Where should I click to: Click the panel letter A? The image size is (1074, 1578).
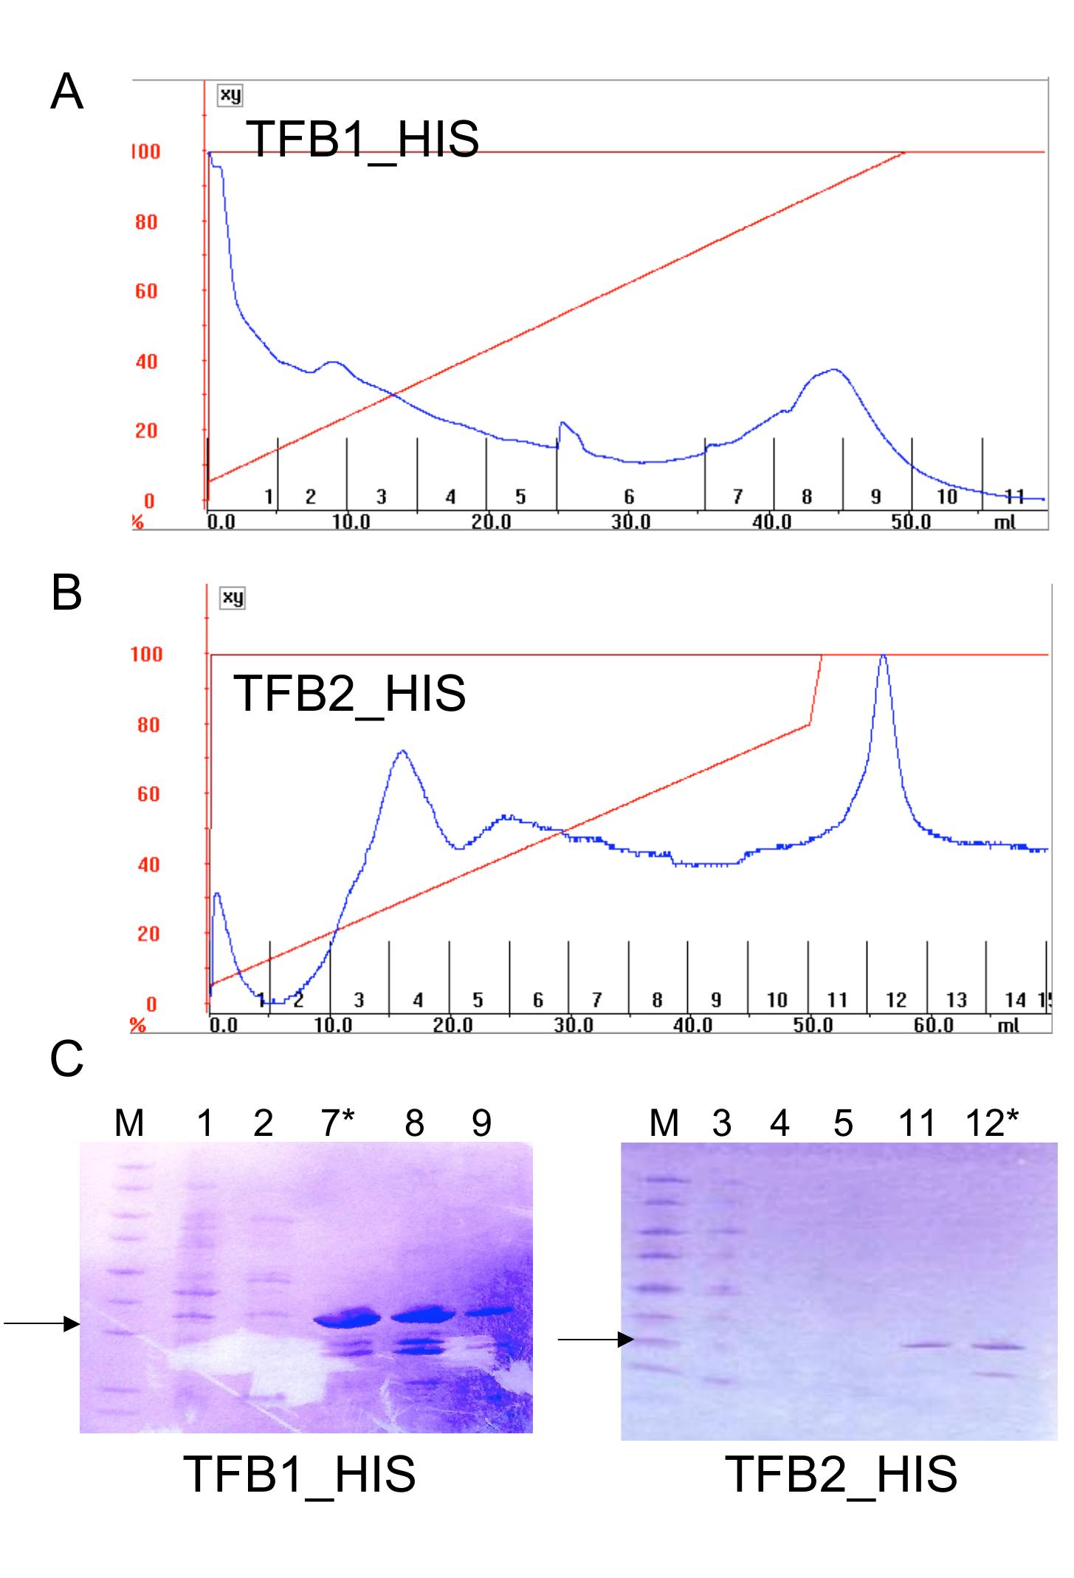click(66, 94)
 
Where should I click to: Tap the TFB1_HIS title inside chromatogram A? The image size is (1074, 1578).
click(362, 139)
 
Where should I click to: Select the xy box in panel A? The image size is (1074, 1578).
click(230, 95)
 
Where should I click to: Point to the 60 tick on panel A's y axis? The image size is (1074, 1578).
click(146, 292)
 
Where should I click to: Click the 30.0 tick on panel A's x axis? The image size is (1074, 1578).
click(630, 522)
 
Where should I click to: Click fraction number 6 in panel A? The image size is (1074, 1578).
click(629, 497)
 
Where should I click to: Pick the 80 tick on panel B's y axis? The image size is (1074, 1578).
click(148, 725)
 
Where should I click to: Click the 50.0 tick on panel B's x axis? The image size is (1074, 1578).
click(812, 1025)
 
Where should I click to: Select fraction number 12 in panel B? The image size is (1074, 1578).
click(895, 1000)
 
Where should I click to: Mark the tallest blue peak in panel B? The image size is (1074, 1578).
click(882, 657)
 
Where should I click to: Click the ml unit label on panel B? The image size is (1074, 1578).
click(1008, 1025)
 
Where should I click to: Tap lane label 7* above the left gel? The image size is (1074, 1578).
click(337, 1123)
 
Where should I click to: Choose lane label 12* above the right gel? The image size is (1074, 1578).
click(991, 1123)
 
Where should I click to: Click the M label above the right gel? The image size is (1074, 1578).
click(664, 1123)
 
